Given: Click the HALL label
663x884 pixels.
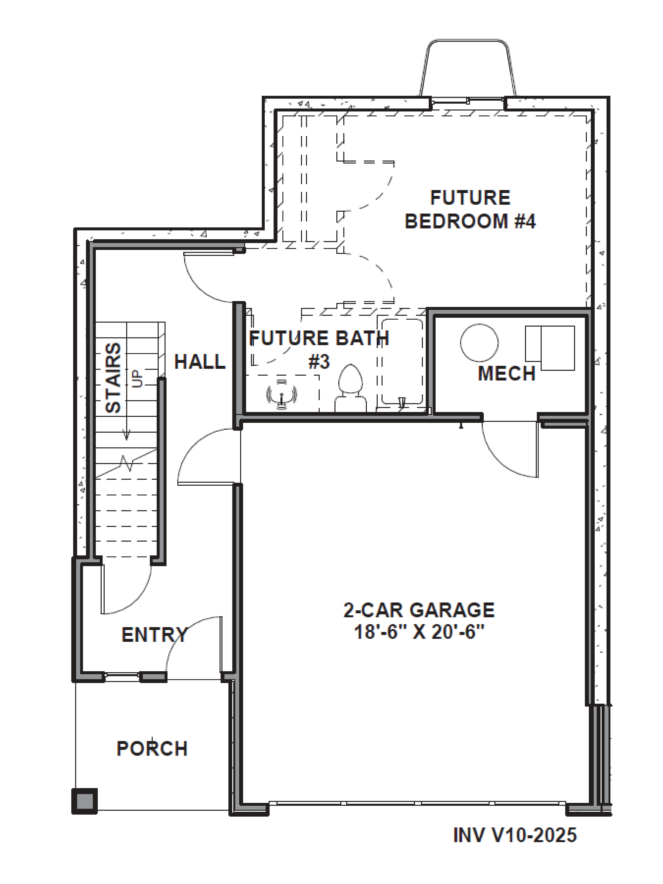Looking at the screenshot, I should [200, 362].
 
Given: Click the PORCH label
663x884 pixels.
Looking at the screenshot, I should [152, 749].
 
